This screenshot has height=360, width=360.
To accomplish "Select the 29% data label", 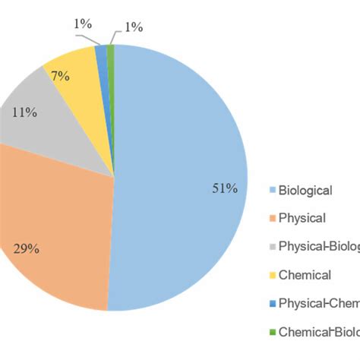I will coord(27,248).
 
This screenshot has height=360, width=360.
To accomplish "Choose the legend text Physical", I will coord(302,219).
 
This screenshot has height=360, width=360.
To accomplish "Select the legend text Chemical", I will coord(305,275).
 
